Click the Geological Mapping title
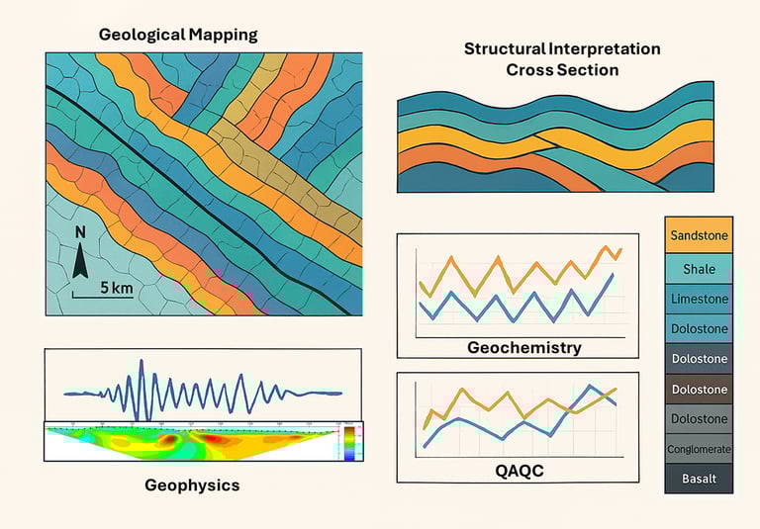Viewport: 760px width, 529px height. pyautogui.click(x=178, y=35)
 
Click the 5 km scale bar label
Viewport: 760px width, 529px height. pyautogui.click(x=116, y=289)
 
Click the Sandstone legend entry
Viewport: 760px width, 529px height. pyautogui.click(x=699, y=236)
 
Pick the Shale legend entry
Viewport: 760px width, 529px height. pyautogui.click(x=699, y=268)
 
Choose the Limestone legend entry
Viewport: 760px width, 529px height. pyautogui.click(x=699, y=298)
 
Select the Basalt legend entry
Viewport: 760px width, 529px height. pyautogui.click(x=699, y=480)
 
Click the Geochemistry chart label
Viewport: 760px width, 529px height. pyautogui.click(x=523, y=348)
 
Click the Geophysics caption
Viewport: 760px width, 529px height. pyautogui.click(x=192, y=485)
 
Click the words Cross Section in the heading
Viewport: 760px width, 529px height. pyautogui.click(x=562, y=70)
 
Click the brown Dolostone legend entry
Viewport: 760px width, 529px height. pyautogui.click(x=699, y=390)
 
